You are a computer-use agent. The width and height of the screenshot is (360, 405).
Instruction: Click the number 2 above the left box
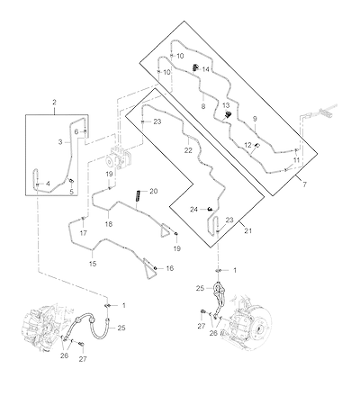coord(54,103)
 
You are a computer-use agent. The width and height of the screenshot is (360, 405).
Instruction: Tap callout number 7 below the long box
coord(304,184)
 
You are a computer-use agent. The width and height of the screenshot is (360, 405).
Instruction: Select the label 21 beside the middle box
coord(248,231)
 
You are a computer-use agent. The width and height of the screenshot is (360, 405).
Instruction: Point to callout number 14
coord(205,69)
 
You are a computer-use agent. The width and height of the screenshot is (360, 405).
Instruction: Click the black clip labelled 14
coord(195,67)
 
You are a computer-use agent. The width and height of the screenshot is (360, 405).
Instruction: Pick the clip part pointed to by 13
coord(229,114)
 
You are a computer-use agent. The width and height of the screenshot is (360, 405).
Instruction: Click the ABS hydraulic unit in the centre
coord(120,157)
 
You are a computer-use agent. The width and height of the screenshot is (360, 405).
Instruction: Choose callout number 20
coord(154,191)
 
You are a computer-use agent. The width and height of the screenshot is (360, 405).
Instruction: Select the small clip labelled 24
coord(211,209)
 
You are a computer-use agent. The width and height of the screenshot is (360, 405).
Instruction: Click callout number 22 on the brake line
coord(188,150)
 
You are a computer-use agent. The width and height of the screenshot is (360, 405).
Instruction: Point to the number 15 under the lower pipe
coord(93,264)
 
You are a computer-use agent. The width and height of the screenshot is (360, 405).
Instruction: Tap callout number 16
coord(170,268)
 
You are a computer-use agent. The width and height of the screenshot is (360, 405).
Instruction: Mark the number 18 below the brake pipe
coord(109,224)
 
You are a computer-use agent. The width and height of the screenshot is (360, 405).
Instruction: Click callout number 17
coord(83,233)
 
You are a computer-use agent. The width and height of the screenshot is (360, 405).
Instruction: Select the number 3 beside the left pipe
coord(60,142)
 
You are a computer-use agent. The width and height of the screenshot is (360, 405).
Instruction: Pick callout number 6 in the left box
coord(76,131)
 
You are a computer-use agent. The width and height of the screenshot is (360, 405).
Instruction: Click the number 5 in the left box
coord(71,192)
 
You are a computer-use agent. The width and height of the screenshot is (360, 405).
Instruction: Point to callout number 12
coord(247,145)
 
